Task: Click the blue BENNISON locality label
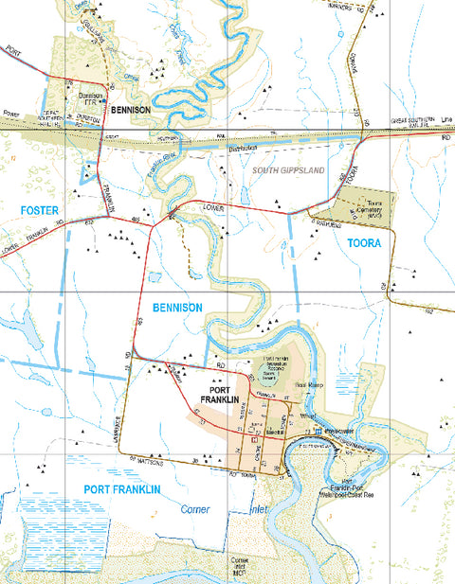[x=174, y=309]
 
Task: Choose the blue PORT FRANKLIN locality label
[x=121, y=489]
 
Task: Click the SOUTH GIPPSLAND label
[x=289, y=170]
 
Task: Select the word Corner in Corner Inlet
[x=196, y=509]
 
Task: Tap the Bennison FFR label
[x=90, y=97]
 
